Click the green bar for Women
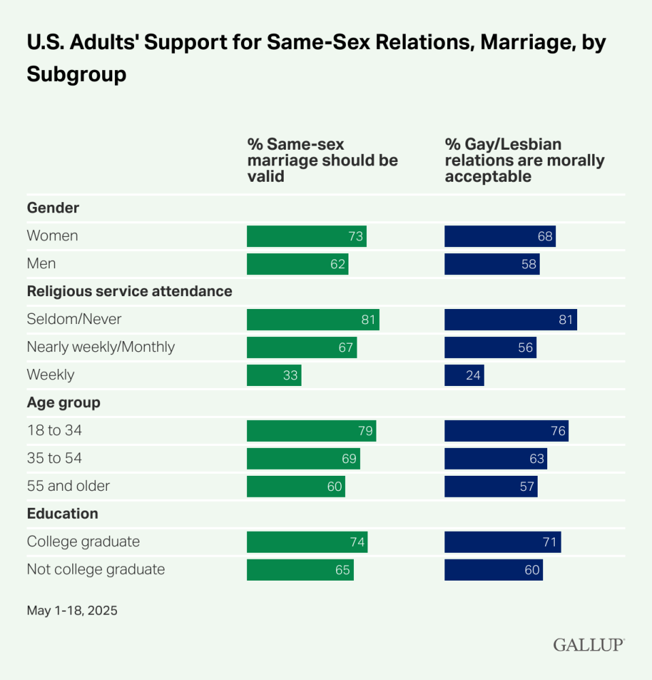click(x=306, y=236)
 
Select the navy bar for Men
click(x=491, y=264)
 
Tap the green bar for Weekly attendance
click(x=274, y=375)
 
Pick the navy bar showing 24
click(x=464, y=375)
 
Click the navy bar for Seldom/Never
click(x=510, y=319)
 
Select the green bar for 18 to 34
click(x=311, y=431)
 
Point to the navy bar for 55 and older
click(x=491, y=486)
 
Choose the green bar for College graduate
click(x=307, y=542)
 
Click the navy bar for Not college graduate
click(x=493, y=570)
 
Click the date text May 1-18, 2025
click(x=72, y=611)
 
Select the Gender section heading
click(x=53, y=208)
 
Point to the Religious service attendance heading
click(x=129, y=291)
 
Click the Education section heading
click(x=62, y=514)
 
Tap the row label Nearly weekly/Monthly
click(x=101, y=347)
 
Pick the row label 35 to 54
click(x=54, y=458)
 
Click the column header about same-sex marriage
click(x=323, y=161)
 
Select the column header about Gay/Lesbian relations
click(x=524, y=161)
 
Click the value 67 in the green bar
click(x=346, y=348)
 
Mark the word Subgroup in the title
click(x=77, y=74)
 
